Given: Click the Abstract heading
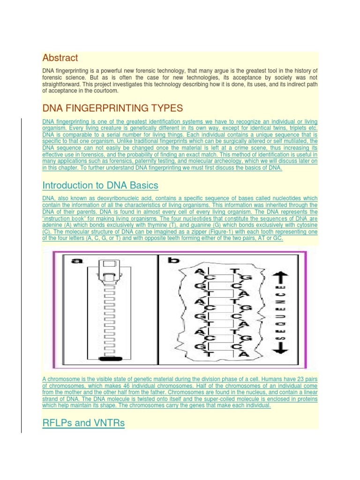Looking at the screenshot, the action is (60, 58).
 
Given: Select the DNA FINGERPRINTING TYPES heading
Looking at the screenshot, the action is (112, 108).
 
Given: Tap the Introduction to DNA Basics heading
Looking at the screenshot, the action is (100, 186).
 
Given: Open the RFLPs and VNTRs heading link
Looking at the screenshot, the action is (83, 423).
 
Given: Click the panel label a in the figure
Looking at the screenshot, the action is (77, 261).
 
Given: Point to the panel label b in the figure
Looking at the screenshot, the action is (173, 261).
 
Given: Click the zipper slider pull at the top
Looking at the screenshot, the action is (109, 270).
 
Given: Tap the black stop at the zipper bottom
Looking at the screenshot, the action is (110, 359).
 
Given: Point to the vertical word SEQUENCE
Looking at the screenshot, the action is (280, 313).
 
